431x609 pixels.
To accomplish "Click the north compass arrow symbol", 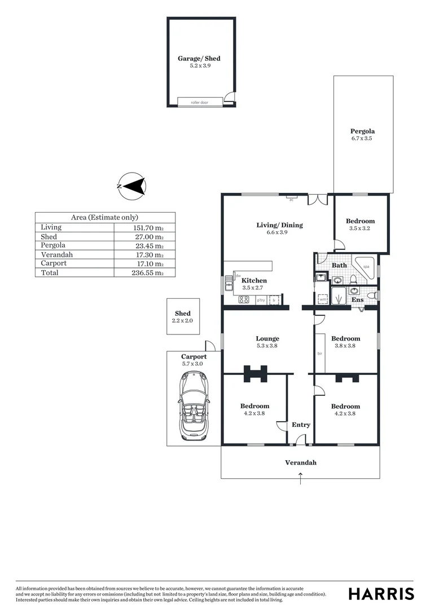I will click(x=133, y=186).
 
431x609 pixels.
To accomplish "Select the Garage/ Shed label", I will click(x=199, y=59).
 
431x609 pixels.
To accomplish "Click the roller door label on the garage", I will click(x=200, y=102).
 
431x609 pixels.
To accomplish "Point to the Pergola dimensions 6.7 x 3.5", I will click(x=362, y=138).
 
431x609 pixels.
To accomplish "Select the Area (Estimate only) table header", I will click(x=104, y=217).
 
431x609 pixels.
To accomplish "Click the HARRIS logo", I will click(x=381, y=593).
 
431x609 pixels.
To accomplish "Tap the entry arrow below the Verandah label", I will click(x=300, y=479).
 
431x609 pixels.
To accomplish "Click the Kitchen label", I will click(x=254, y=281).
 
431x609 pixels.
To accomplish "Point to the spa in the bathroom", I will click(x=366, y=266).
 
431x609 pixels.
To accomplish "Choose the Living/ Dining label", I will click(x=279, y=225).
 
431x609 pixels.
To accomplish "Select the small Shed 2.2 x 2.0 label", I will click(x=182, y=317).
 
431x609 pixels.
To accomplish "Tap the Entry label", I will click(x=301, y=425).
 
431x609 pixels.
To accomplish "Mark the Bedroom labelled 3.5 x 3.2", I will click(x=360, y=224).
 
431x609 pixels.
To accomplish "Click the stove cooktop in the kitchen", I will click(x=244, y=300).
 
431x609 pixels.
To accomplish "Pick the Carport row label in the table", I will click(x=54, y=263).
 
